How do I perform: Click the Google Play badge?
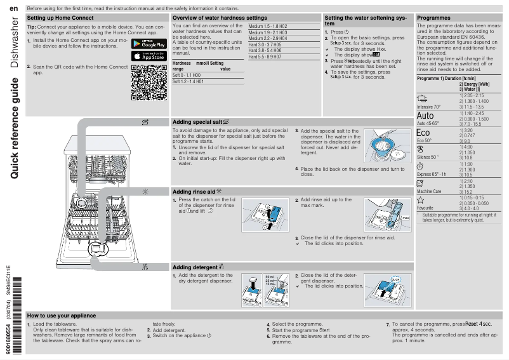point(149,44)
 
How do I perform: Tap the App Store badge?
point(149,56)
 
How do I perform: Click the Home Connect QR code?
point(149,83)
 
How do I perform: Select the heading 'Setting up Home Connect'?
point(61,18)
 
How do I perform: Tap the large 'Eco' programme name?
point(423,133)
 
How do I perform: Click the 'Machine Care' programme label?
point(429,191)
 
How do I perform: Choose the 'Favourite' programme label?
point(425,208)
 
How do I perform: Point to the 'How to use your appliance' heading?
point(62,316)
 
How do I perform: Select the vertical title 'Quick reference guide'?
point(15,127)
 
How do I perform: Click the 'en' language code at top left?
point(14,7)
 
